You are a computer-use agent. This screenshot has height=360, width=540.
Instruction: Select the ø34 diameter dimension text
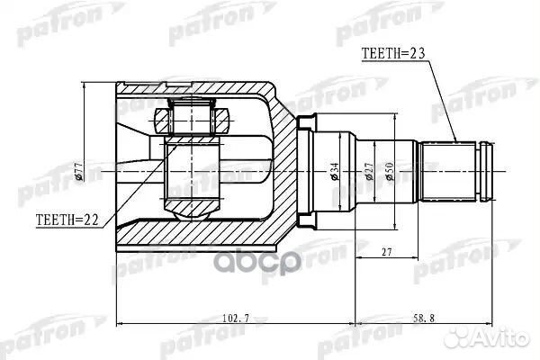pyautogui.click(x=333, y=167)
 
